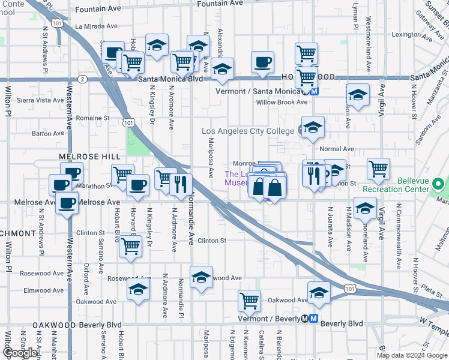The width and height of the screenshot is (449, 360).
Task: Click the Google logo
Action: point(20,353)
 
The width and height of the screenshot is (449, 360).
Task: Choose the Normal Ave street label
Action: point(337,149)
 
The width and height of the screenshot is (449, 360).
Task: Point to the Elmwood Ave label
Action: point(42,290)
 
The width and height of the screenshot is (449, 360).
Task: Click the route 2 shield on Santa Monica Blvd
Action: point(82,79)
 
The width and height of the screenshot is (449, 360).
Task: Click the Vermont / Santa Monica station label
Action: point(258,91)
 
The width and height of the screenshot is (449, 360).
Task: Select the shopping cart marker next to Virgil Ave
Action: point(378,170)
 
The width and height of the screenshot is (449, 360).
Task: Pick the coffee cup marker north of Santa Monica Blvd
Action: point(262,62)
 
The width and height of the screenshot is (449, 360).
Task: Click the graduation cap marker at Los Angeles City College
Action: point(313,127)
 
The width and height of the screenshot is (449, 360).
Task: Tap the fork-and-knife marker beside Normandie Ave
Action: point(181,184)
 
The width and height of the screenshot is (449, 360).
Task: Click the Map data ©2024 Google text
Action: point(412,355)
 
